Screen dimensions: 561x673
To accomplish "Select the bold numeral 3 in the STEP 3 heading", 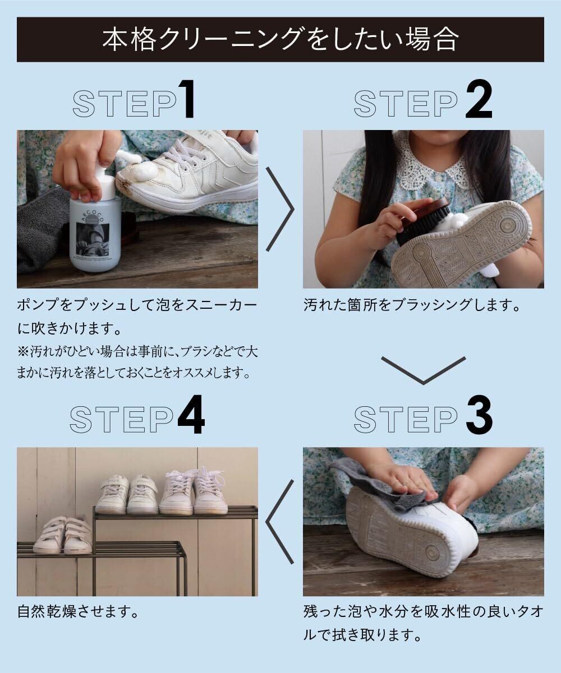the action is [479, 415].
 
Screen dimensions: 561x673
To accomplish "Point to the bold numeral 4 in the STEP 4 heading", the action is [191, 415].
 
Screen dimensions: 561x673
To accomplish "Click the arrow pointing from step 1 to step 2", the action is [280, 209].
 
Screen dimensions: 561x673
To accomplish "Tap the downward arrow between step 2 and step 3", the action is [424, 370].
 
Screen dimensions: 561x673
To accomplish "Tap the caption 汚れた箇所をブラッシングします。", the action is [412, 305].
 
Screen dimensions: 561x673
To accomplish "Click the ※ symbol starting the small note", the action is [23, 351].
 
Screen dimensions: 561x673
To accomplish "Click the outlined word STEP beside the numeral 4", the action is [122, 419].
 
